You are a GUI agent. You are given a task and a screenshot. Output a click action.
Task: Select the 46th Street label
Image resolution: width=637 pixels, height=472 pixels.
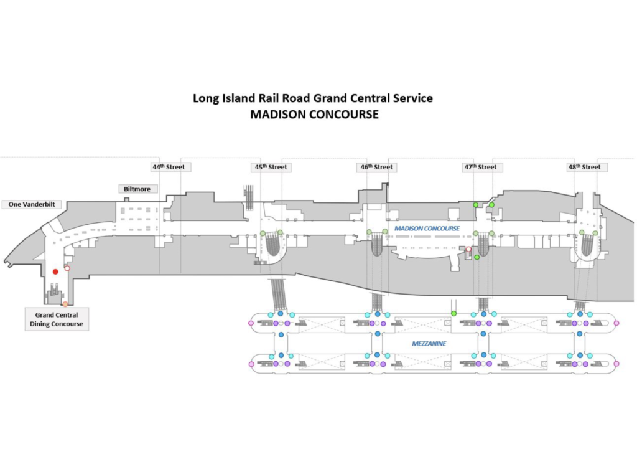[377, 167]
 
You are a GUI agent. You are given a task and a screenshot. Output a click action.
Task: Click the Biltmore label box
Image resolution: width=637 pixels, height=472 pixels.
[137, 189]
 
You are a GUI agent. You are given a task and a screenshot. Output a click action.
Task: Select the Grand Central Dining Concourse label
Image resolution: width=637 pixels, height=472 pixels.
[56, 319]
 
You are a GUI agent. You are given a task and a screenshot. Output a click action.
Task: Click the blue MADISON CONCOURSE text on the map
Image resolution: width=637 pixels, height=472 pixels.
[427, 229]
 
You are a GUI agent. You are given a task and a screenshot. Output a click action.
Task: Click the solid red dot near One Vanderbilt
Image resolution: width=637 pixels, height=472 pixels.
[55, 271]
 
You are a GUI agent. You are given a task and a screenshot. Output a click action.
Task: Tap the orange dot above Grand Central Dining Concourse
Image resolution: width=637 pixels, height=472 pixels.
[65, 304]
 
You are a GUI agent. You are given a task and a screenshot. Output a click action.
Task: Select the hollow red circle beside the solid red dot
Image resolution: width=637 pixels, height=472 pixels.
[67, 268]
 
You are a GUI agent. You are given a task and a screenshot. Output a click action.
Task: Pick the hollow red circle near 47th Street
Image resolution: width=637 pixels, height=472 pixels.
[468, 249]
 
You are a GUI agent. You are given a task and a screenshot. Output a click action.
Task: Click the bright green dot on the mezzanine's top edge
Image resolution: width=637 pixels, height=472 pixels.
[454, 313]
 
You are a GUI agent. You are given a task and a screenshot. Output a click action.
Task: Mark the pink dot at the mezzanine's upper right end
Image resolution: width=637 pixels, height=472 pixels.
[616, 323]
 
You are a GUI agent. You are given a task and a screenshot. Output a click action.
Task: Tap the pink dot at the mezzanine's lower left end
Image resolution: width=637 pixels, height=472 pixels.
[251, 364]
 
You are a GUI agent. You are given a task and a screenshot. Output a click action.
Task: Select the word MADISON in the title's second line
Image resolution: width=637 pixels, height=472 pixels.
[273, 115]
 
